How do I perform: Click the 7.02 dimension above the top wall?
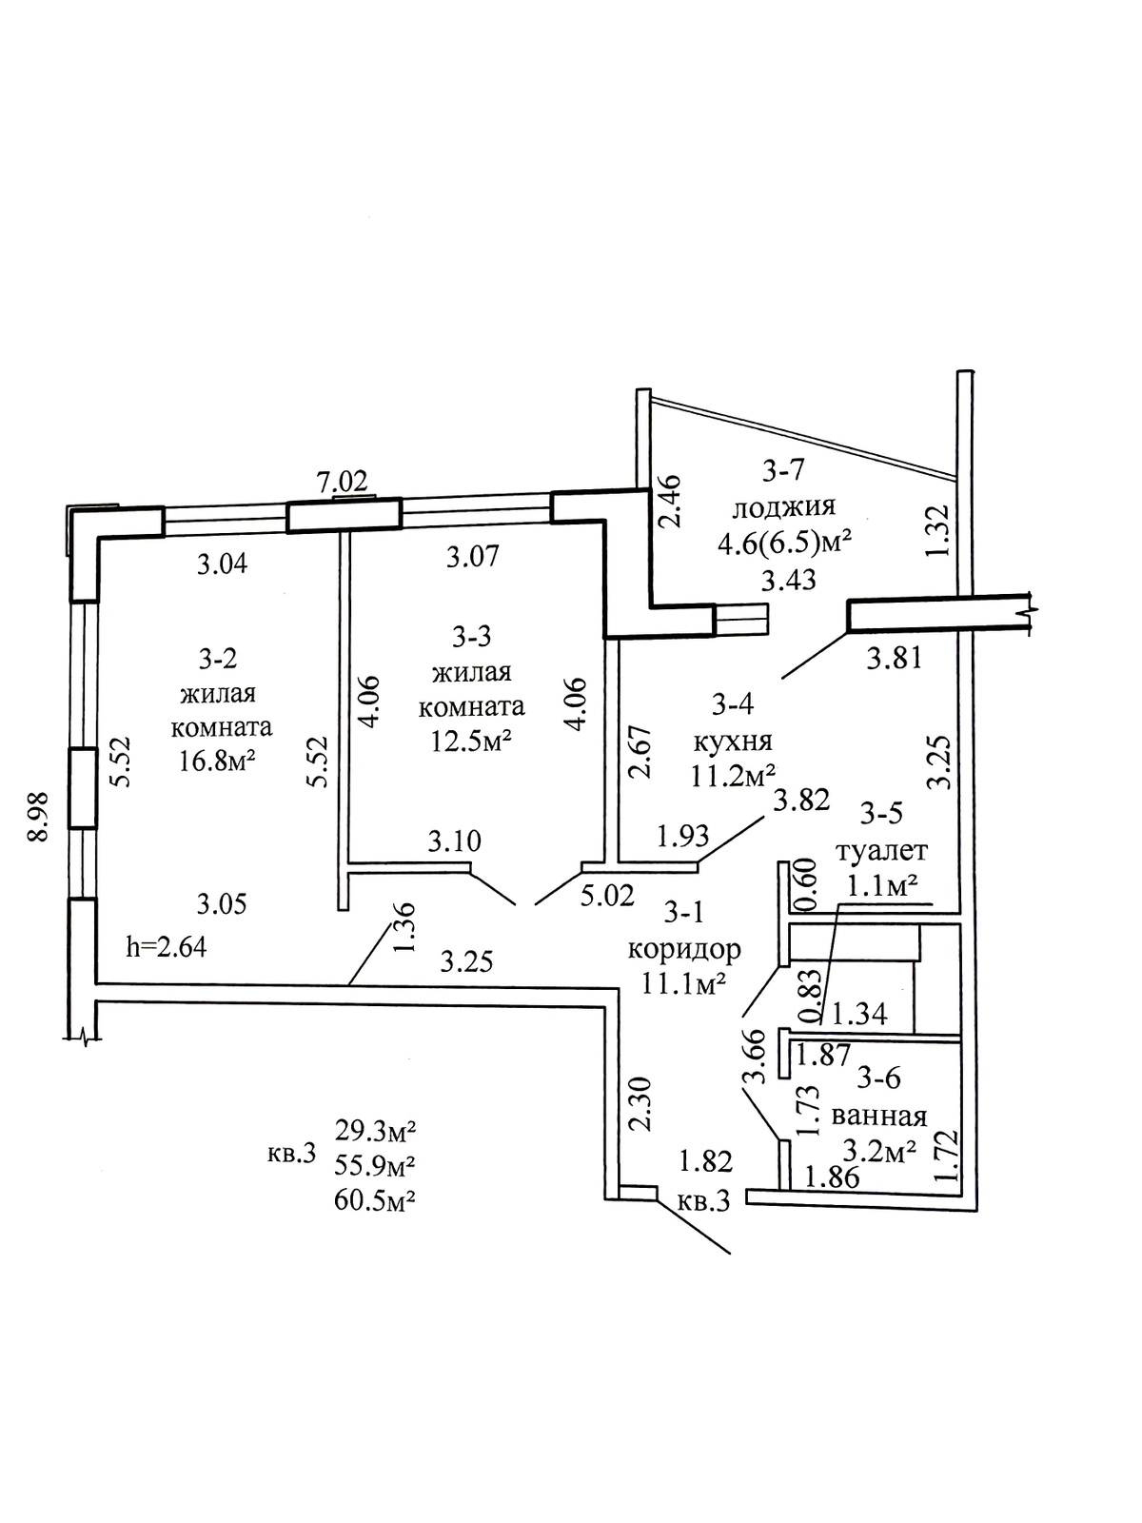pyautogui.click(x=341, y=482)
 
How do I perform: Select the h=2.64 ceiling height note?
pyautogui.click(x=167, y=947)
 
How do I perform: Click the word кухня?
pyautogui.click(x=733, y=741)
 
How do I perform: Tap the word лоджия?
pyautogui.click(x=784, y=505)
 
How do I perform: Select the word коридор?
pyautogui.click(x=684, y=948)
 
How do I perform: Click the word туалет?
pyautogui.click(x=880, y=849)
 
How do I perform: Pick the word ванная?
pyautogui.click(x=878, y=1115)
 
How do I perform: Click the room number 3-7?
pyautogui.click(x=784, y=469)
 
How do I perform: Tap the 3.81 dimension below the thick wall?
pyautogui.click(x=894, y=657)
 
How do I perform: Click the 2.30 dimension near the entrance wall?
pyautogui.click(x=640, y=1103)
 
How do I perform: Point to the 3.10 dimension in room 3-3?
pyautogui.click(x=454, y=841)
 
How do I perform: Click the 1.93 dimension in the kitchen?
pyautogui.click(x=682, y=836)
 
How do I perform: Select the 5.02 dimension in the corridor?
pyautogui.click(x=606, y=896)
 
